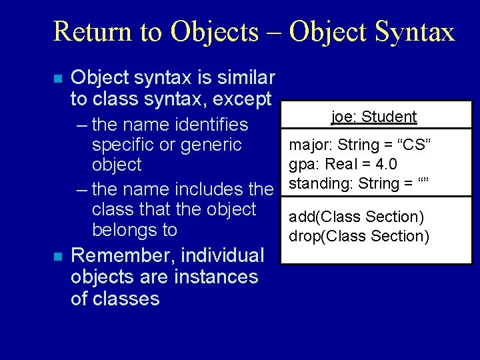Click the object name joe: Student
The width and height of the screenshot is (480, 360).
click(x=374, y=117)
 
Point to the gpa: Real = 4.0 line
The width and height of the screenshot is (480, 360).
click(x=343, y=164)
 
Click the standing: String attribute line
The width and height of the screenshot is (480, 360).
click(x=358, y=183)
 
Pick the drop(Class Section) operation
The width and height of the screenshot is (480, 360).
click(x=359, y=235)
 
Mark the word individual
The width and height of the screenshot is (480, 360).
click(x=223, y=255)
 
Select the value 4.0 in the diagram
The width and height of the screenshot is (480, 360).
click(x=385, y=164)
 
